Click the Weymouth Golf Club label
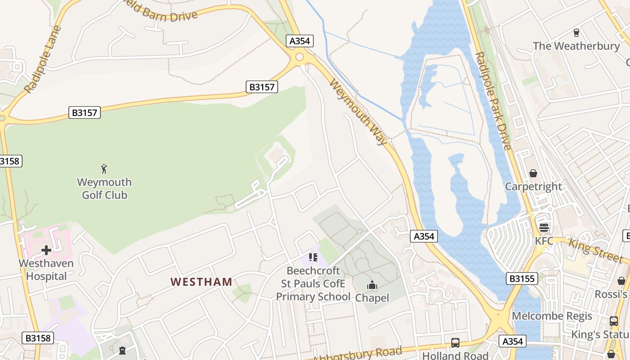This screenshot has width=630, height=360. (104, 189)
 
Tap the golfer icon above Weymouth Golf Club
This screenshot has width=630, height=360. (104, 169)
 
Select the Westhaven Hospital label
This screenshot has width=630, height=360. (46, 270)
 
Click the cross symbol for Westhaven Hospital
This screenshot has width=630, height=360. (46, 250)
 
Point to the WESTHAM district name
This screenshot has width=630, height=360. (201, 282)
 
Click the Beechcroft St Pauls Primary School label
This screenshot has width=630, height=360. (313, 284)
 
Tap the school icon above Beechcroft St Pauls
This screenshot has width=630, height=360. (313, 257)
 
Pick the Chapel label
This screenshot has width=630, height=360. (372, 297)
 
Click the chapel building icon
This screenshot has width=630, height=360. (372, 285)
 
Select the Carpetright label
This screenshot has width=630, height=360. (533, 186)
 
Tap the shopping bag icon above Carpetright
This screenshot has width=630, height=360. (533, 173)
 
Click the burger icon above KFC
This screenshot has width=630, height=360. (544, 227)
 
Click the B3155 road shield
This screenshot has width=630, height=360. (522, 279)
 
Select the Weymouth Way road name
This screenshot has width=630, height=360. (358, 112)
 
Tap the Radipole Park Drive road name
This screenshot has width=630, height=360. (494, 101)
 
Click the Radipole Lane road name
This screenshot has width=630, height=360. (43, 60)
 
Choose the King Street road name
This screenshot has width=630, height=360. (596, 250)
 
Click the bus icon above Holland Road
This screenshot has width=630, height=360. (455, 343)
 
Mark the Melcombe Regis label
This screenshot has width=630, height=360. (552, 316)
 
